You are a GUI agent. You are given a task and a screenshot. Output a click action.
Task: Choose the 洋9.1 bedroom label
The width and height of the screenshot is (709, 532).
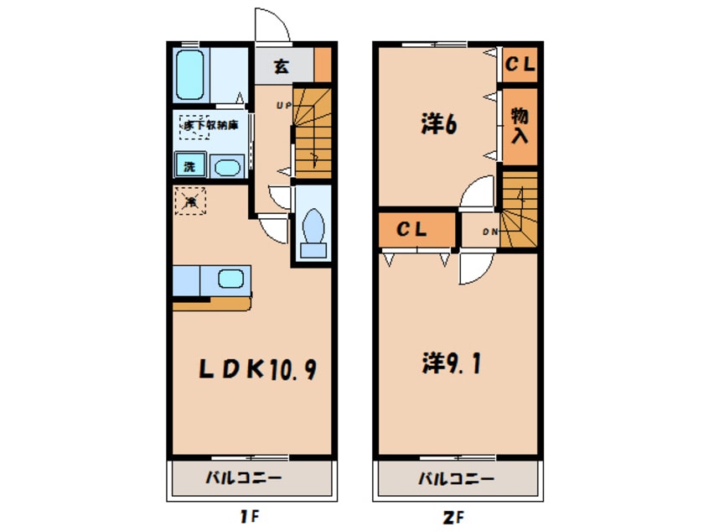[x=450, y=364]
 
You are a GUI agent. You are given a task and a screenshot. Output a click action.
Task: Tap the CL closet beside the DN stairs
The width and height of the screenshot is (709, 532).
[x=413, y=229]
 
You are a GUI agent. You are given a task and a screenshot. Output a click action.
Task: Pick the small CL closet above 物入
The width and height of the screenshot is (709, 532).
[x=520, y=63]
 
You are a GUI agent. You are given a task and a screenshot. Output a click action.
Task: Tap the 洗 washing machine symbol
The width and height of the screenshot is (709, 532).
[x=189, y=165]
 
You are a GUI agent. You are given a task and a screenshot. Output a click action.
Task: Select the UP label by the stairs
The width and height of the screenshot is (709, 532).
[x=283, y=106]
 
